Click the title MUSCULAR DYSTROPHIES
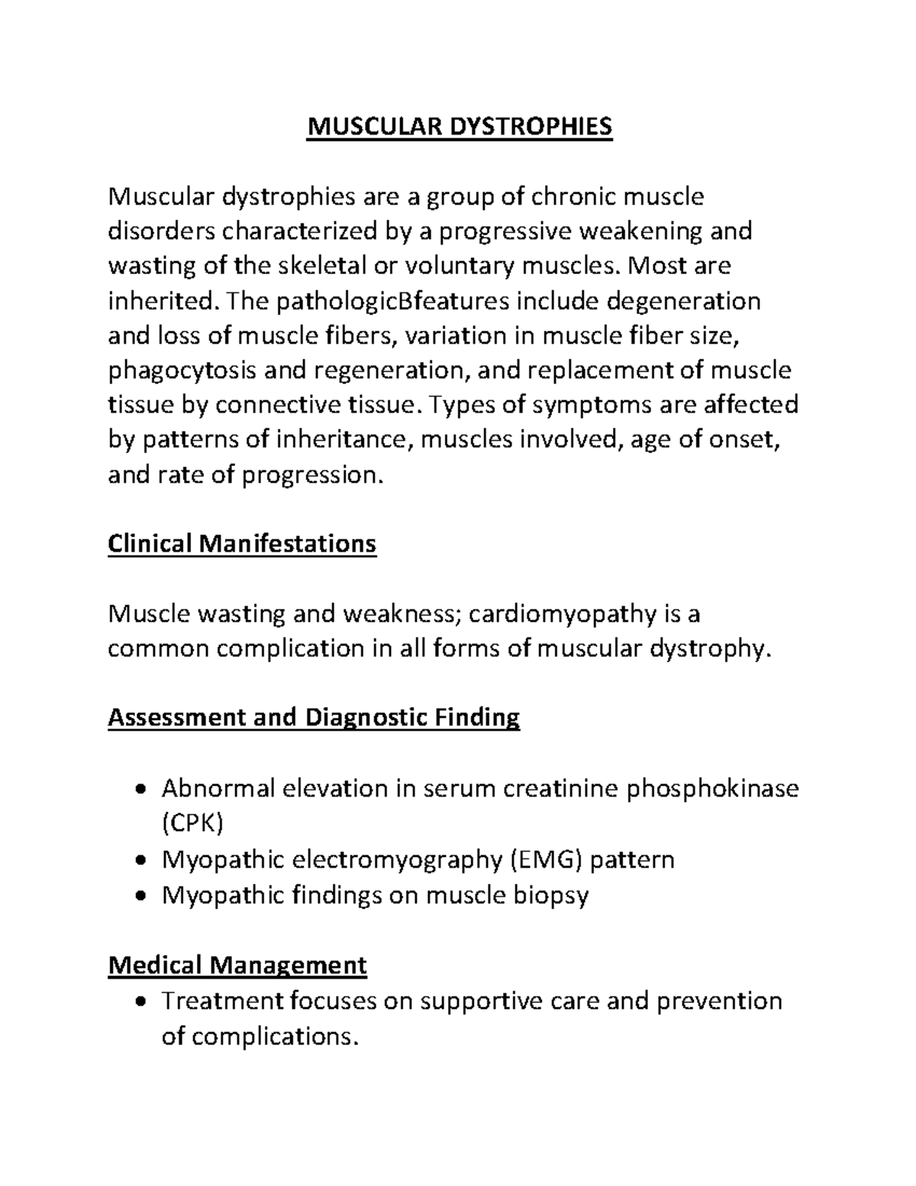click(x=459, y=127)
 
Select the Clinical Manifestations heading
click(x=242, y=544)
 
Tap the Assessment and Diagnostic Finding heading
click(x=314, y=717)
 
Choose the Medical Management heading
click(x=237, y=965)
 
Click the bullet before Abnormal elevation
click(x=138, y=790)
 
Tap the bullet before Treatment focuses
click(x=138, y=1002)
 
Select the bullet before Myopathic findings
click(x=138, y=896)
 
